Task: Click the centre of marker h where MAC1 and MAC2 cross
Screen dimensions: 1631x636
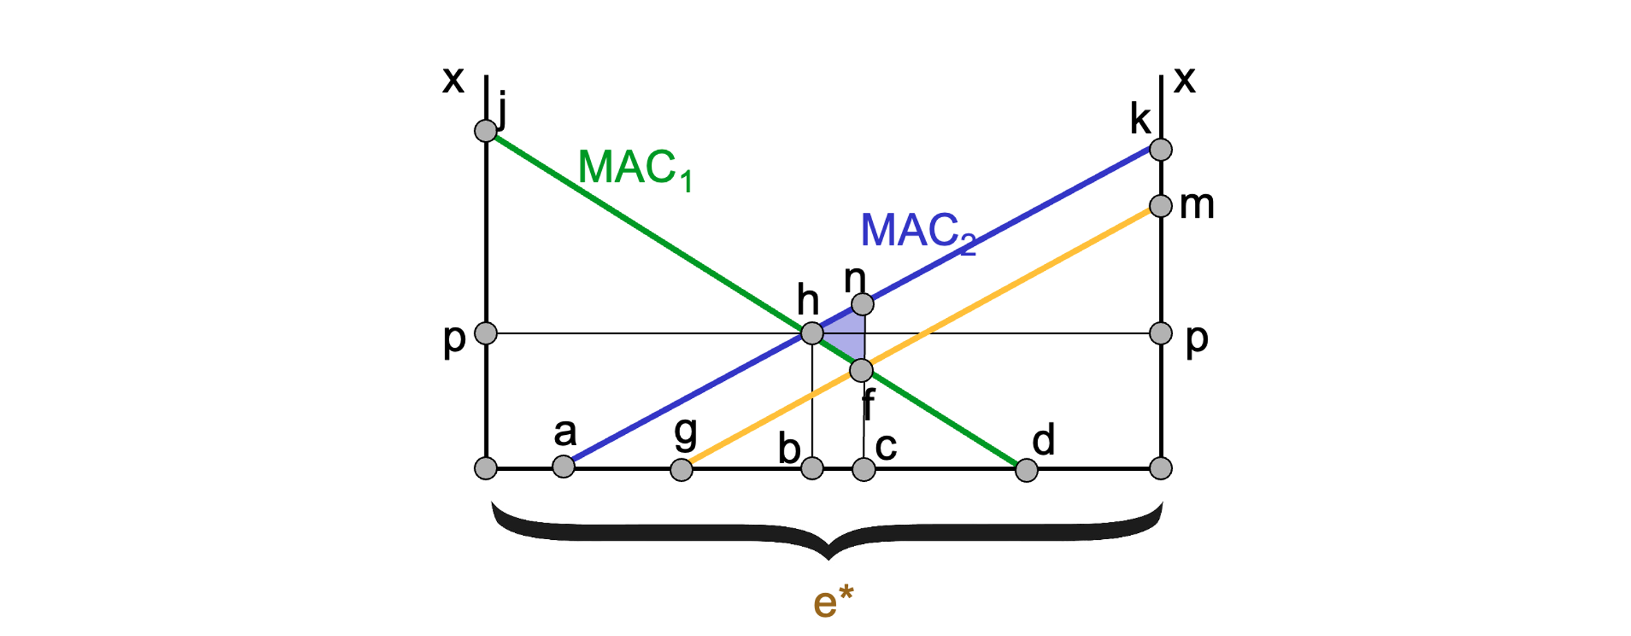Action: pos(812,333)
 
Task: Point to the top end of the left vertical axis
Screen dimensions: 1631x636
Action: pos(487,75)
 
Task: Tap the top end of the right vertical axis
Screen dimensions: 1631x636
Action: pos(1161,75)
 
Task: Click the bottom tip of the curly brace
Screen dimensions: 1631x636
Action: pos(829,559)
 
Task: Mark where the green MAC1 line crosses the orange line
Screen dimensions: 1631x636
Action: pos(861,371)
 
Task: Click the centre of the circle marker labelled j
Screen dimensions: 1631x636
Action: pos(486,130)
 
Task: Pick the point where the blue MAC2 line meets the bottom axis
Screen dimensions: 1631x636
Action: pos(564,467)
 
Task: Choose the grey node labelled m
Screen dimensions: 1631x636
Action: pos(1161,206)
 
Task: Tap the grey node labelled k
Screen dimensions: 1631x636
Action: pos(1161,149)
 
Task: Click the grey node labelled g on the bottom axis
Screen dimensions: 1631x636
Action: pos(681,470)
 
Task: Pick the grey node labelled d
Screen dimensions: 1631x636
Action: pos(1027,471)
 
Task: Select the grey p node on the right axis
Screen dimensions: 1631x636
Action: pos(1161,333)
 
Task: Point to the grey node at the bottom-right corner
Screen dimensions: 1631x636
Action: pos(1161,469)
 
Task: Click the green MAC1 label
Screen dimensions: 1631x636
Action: pos(635,169)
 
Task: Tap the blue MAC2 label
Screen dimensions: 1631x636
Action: pos(918,232)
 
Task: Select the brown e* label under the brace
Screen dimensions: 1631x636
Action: pos(833,601)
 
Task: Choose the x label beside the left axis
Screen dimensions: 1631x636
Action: pos(453,79)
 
